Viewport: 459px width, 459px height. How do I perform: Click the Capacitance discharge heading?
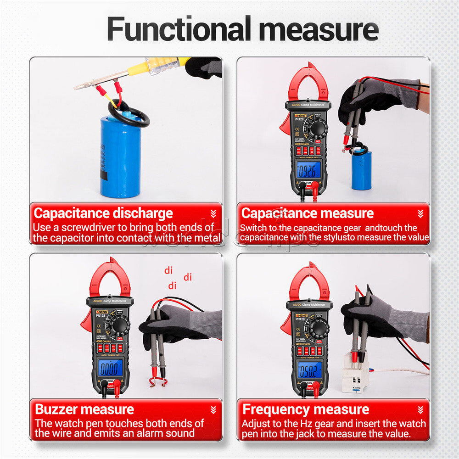(103, 213)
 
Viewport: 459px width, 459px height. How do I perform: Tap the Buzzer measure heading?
(84, 409)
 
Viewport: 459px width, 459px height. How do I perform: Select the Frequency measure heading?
(305, 409)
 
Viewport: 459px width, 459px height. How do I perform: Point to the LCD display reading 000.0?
(110, 368)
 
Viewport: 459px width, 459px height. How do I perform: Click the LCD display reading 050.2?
(309, 369)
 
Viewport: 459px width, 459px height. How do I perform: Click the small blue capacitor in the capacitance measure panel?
(361, 170)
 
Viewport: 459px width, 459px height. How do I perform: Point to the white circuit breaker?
(355, 372)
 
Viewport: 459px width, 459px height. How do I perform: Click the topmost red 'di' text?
(168, 271)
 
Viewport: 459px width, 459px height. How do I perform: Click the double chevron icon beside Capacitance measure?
(420, 214)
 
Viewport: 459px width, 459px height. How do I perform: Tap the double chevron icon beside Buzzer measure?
(213, 410)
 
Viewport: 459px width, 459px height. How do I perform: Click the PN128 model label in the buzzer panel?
(101, 315)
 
